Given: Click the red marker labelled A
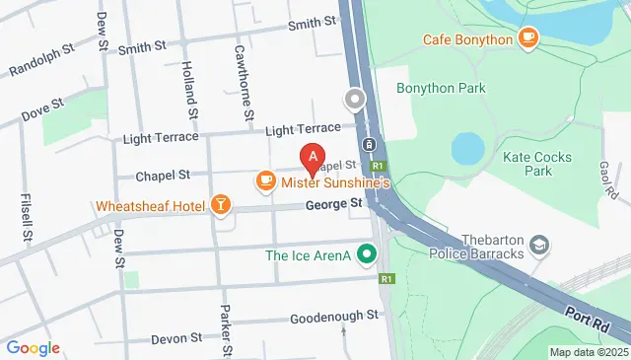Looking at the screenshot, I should pyautogui.click(x=313, y=157).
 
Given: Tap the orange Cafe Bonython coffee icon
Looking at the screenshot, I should pyautogui.click(x=529, y=38).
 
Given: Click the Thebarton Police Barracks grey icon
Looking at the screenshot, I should pyautogui.click(x=539, y=243).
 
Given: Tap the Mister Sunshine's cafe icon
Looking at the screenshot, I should pyautogui.click(x=264, y=180).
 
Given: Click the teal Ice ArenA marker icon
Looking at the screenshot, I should pyautogui.click(x=368, y=255).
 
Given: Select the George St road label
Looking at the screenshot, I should pyautogui.click(x=334, y=204).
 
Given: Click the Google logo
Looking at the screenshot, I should pyautogui.click(x=33, y=347).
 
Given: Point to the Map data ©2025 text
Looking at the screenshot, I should pyautogui.click(x=589, y=352).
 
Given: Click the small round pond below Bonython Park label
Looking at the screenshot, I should pyautogui.click(x=467, y=149).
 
